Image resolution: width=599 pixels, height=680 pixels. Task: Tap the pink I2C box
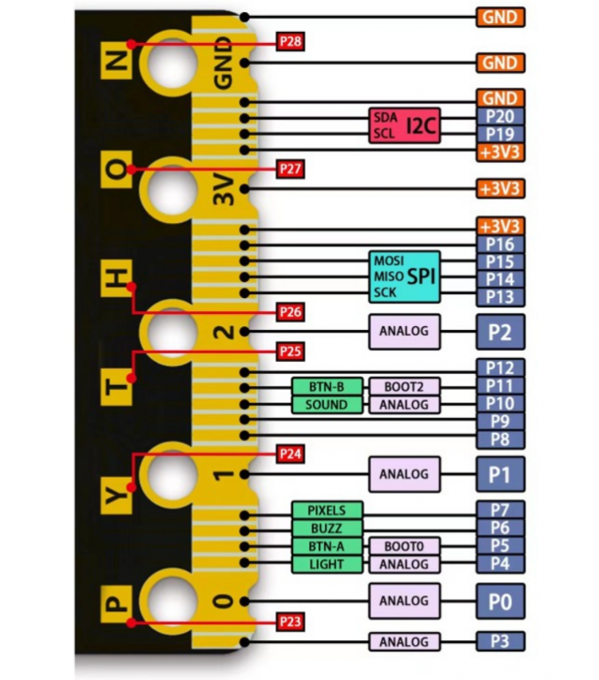[405, 125]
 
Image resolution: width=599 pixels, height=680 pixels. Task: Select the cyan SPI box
[405, 276]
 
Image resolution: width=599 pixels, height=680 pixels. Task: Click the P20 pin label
[500, 116]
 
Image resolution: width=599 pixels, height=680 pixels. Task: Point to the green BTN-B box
[327, 387]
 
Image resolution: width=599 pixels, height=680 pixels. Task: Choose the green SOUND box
[327, 404]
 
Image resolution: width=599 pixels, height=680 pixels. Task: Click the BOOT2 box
[404, 387]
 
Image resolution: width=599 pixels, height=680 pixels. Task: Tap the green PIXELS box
[327, 510]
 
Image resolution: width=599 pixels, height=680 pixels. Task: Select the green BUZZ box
[327, 527]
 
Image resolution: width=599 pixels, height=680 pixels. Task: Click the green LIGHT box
[327, 564]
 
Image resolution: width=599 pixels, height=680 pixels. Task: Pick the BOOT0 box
[404, 547]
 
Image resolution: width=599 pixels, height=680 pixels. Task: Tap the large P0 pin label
[500, 601]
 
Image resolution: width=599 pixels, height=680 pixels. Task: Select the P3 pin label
[500, 641]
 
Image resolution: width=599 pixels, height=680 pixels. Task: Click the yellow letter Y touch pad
[117, 497]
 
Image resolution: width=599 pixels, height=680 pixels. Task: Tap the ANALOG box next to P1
[404, 474]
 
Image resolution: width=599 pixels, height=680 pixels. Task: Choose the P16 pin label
[500, 245]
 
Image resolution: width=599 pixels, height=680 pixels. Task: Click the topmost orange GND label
[500, 17]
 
